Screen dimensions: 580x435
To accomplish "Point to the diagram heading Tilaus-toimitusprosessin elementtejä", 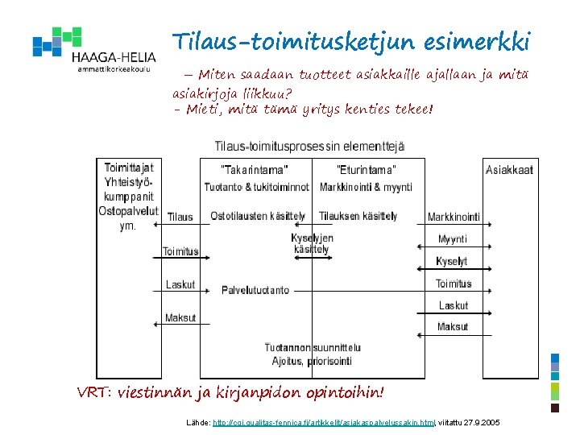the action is coord(309,146).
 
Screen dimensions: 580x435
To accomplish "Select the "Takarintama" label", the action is coord(254,169).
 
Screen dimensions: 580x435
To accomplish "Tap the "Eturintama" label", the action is coord(366,169).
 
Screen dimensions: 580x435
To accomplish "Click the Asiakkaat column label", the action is coord(509,169).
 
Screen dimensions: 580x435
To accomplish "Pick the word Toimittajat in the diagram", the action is coord(128,168).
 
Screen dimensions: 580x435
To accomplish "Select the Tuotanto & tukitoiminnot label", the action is coord(256,187).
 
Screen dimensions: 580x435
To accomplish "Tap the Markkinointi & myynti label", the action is coord(366,187).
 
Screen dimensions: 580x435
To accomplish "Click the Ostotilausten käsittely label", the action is coord(258,217).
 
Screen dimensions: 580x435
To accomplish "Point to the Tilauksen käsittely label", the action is coord(358,217).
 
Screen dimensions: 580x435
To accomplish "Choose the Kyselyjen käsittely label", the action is coord(312,244).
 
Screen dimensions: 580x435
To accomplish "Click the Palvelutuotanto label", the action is coord(255,290).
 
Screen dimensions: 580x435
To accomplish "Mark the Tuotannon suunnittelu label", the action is coord(313,347).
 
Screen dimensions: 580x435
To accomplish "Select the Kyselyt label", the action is coord(451,261).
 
